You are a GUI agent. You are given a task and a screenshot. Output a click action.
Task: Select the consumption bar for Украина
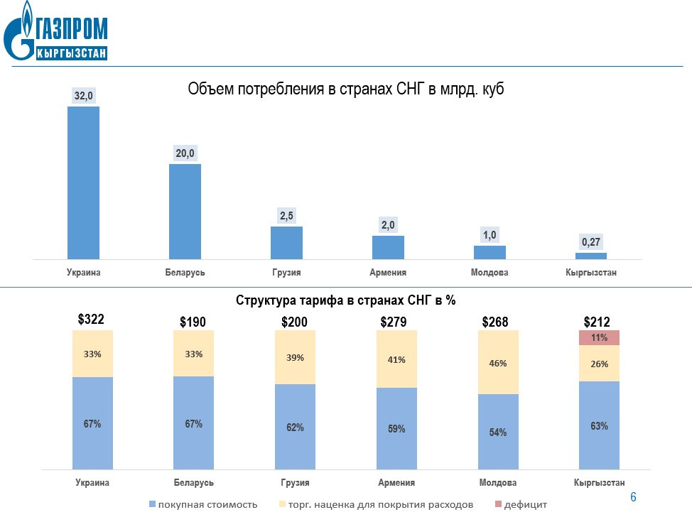pyautogui.click(x=83, y=183)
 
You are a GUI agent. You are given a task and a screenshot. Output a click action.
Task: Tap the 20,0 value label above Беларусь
pyautogui.click(x=185, y=153)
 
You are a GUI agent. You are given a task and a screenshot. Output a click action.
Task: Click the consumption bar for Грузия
pyautogui.click(x=286, y=242)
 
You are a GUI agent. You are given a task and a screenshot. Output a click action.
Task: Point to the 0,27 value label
pyautogui.click(x=591, y=242)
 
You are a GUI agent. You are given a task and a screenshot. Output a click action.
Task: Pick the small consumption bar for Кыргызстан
pyautogui.click(x=591, y=256)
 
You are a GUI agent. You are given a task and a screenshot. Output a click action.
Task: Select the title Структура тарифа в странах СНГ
pyautogui.click(x=345, y=300)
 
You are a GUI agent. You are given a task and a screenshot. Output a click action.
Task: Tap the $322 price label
pyautogui.click(x=91, y=320)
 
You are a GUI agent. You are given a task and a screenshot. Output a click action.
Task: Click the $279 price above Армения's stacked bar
pyautogui.click(x=394, y=322)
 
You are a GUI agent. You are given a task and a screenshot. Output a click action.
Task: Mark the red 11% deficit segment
pyautogui.click(x=599, y=337)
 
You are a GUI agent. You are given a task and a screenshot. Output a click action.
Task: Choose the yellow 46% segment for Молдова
pyautogui.click(x=498, y=362)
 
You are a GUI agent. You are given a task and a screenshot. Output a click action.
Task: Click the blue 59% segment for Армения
pyautogui.click(x=396, y=428)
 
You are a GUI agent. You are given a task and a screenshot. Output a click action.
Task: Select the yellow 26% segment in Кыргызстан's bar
pyautogui.click(x=599, y=363)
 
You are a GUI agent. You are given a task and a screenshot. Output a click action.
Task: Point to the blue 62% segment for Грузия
pyautogui.click(x=295, y=427)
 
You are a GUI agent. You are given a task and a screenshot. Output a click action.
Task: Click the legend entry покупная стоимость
pyautogui.click(x=202, y=504)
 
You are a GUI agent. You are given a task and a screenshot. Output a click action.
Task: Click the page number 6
pyautogui.click(x=633, y=496)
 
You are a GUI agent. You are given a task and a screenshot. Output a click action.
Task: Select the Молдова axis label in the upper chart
pyautogui.click(x=490, y=273)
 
